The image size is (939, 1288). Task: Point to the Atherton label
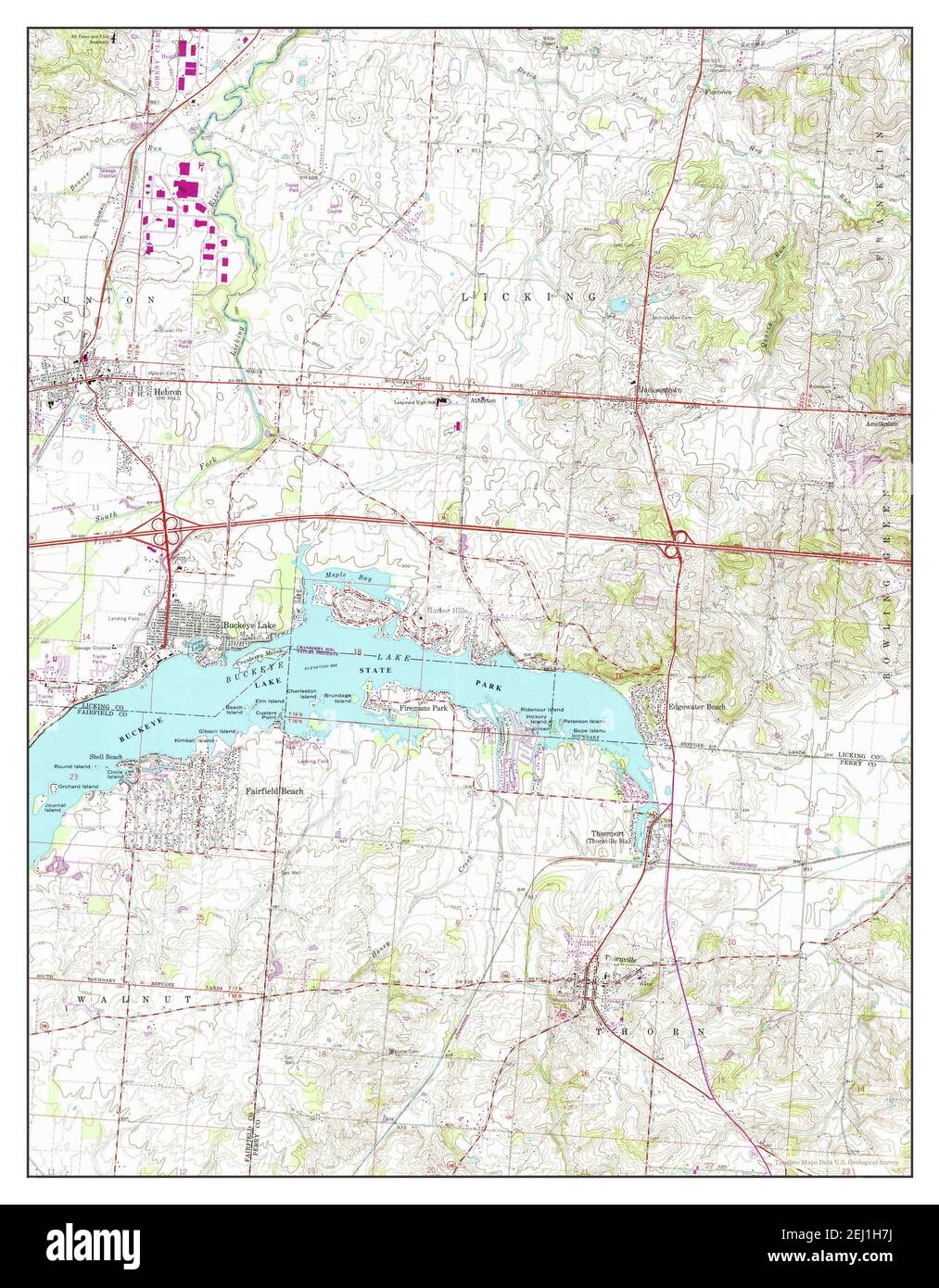tap(483, 400)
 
